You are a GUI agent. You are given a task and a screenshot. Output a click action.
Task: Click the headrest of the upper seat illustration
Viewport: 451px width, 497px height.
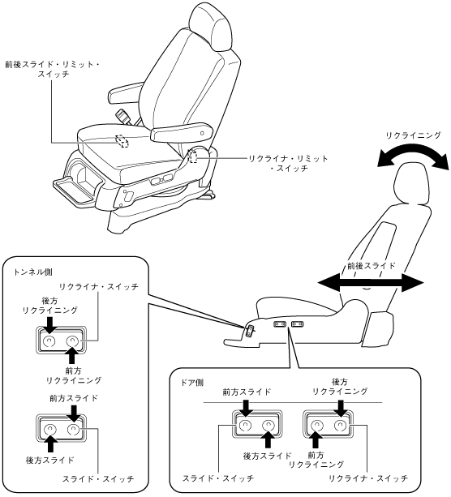tap(211, 27)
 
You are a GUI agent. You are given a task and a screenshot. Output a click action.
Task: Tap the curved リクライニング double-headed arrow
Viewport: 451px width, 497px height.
tap(413, 149)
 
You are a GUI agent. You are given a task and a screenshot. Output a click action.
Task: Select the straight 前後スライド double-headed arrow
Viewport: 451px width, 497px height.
tap(371, 283)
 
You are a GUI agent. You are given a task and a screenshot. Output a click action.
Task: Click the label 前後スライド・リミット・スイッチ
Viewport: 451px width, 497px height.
tap(53, 70)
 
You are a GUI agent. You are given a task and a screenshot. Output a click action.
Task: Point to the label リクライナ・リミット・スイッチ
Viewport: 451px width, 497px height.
tap(288, 163)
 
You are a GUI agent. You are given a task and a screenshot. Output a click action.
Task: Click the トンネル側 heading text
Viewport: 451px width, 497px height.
tap(33, 272)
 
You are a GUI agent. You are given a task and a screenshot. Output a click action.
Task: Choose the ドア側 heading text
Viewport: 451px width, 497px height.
tap(192, 383)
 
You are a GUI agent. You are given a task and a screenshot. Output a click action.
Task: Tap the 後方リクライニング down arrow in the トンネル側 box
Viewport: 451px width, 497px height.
tap(49, 324)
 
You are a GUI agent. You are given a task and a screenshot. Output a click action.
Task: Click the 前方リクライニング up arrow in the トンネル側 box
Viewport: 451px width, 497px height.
tap(72, 355)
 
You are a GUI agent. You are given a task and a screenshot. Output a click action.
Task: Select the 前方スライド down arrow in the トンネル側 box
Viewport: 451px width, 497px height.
tap(74, 413)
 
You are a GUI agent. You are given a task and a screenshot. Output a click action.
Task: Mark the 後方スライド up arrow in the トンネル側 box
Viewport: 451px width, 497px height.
tap(51, 443)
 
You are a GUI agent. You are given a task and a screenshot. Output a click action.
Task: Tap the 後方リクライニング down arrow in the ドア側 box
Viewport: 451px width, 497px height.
tap(341, 409)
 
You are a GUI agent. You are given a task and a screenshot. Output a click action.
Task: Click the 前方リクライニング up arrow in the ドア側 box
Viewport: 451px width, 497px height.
tap(316, 439)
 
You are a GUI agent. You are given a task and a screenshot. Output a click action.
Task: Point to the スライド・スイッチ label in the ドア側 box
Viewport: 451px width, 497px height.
tap(218, 478)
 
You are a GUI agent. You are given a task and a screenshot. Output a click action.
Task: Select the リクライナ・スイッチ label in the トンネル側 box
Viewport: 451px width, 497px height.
tap(99, 287)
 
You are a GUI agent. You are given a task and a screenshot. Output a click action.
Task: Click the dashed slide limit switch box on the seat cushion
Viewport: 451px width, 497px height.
tap(122, 141)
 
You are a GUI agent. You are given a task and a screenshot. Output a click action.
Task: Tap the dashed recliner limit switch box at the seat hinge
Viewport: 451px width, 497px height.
tap(193, 157)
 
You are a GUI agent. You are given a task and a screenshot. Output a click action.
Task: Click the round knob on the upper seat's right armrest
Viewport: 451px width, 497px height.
tap(202, 134)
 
